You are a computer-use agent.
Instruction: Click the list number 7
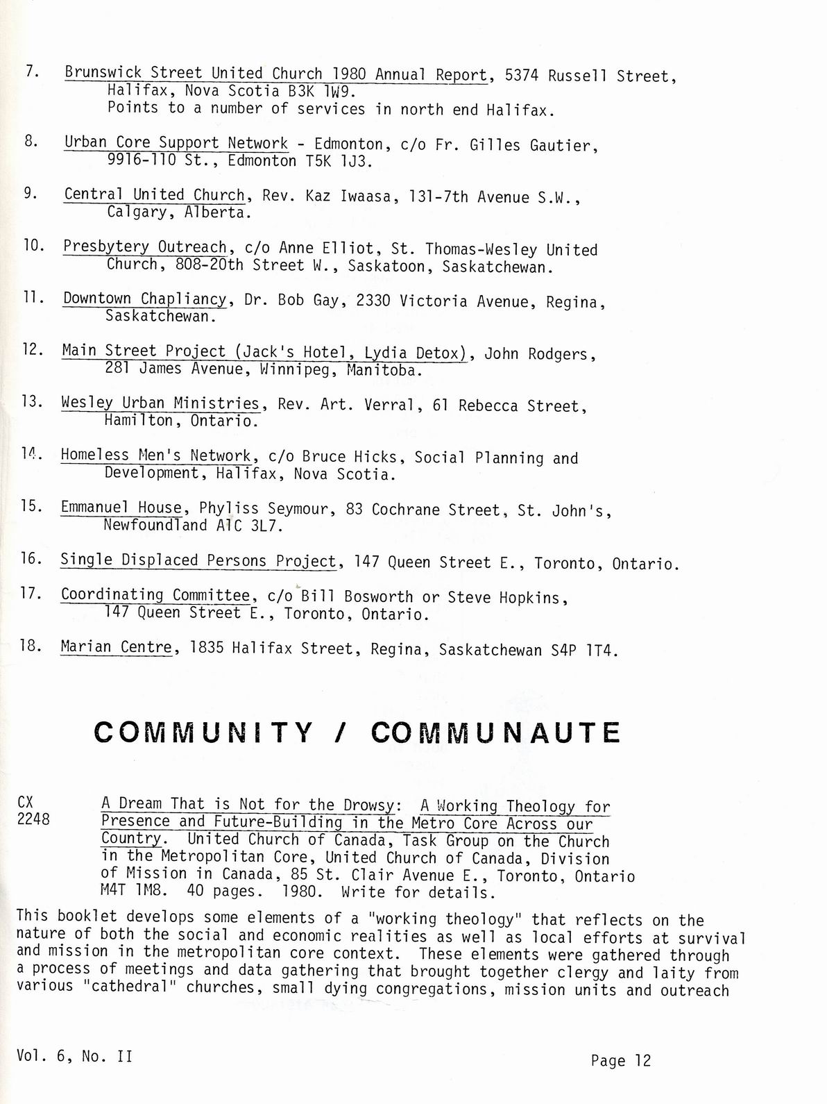[x=31, y=71]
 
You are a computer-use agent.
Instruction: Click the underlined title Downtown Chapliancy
[x=144, y=299]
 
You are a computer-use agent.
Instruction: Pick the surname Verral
[x=393, y=405]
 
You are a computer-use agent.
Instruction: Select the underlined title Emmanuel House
[x=121, y=508]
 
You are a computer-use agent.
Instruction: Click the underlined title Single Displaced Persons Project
[x=198, y=560]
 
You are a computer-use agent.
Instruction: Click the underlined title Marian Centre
[x=116, y=647]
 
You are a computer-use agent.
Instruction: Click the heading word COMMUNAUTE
[x=495, y=733]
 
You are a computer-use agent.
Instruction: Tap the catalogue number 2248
[x=33, y=819]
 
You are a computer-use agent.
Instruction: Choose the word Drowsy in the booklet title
[x=368, y=805]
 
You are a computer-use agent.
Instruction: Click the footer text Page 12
[x=621, y=1060]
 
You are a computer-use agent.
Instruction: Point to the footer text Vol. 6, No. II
[x=75, y=1056]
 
